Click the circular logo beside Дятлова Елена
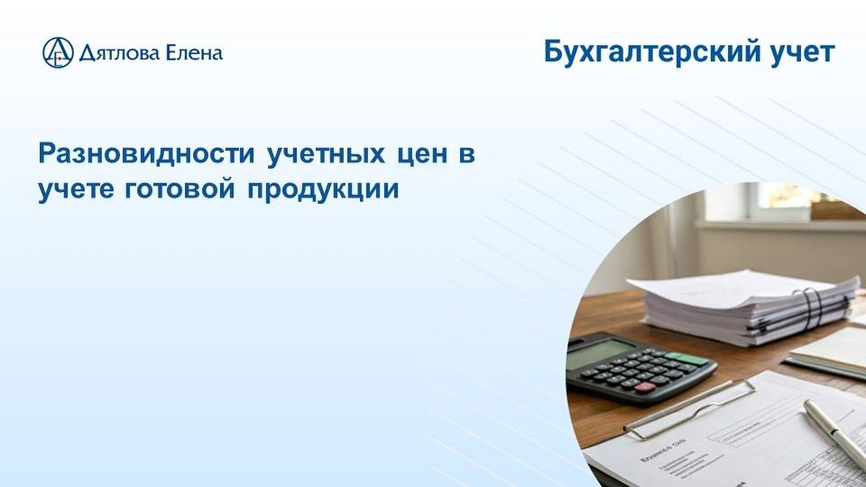click(x=59, y=52)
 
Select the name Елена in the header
click(x=193, y=53)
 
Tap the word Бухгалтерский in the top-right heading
click(x=647, y=51)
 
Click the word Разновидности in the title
click(x=146, y=153)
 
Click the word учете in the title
click(x=69, y=189)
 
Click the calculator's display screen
click(x=602, y=354)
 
